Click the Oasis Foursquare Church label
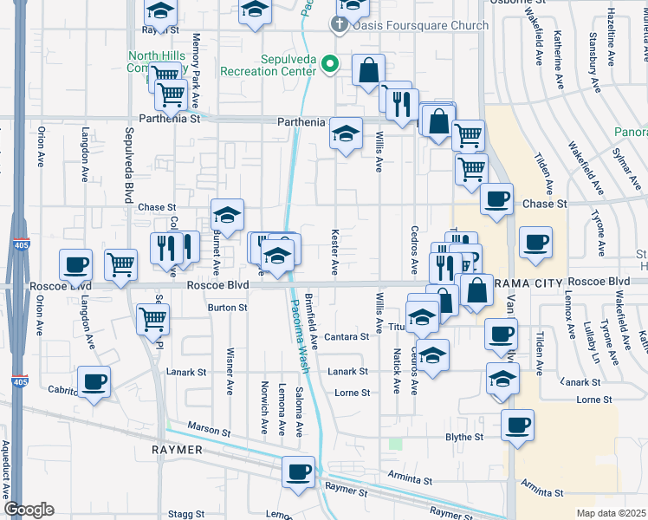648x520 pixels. point(422,25)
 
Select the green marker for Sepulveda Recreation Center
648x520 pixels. point(329,63)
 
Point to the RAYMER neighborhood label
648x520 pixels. point(177,451)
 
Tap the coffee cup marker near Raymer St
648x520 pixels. point(299,473)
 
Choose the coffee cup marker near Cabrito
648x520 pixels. point(94,381)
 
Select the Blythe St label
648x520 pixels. point(464,437)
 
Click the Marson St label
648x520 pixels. point(211,431)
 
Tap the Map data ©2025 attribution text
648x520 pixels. point(611,513)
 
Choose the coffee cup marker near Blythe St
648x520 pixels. point(517,426)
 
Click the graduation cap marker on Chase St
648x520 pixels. point(227,215)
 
